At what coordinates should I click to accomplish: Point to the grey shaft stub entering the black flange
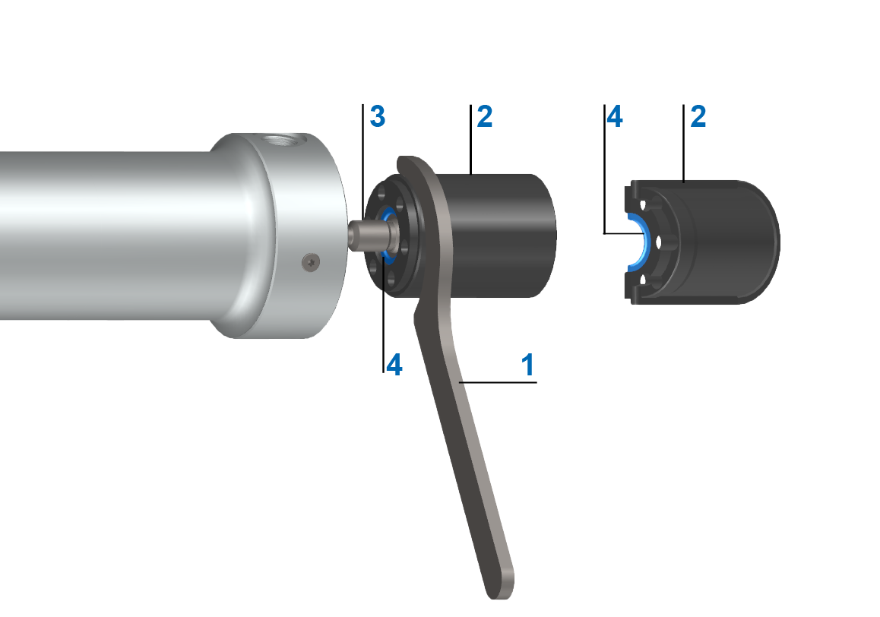coord(363,233)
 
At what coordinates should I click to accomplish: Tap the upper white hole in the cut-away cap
coord(644,205)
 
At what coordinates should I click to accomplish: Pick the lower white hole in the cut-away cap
coord(644,280)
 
